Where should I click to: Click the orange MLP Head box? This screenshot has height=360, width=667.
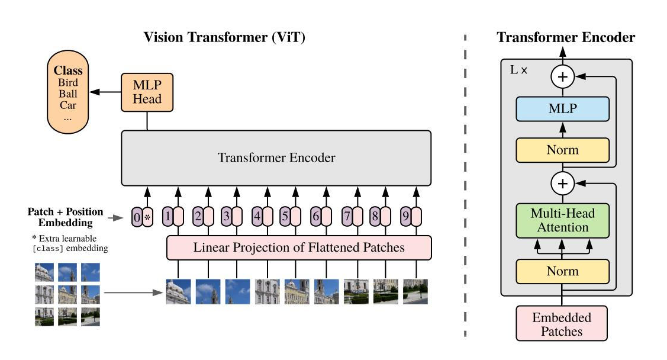coord(147,91)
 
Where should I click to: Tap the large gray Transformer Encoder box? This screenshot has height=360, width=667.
coord(276,158)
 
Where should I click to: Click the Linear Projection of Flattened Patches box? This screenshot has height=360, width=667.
coord(299,247)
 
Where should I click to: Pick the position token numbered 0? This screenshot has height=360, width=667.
coord(137,217)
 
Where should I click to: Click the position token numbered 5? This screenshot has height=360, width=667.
coord(285,217)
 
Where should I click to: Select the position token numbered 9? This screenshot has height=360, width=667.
coord(405,217)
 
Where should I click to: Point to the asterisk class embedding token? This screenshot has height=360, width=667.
coord(148,217)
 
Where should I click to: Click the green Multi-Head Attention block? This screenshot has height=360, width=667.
coord(562,220)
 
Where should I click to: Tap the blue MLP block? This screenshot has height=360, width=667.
coord(562,109)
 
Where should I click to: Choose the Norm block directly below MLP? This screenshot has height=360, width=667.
coord(562,150)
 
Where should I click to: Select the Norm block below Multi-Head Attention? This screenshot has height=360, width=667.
coord(562,272)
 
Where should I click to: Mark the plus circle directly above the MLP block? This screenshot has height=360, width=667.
coord(562,76)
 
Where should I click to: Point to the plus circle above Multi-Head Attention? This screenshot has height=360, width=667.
coord(562,184)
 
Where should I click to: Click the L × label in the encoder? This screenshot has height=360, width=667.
coord(518,69)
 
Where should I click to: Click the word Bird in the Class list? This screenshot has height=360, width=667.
coord(68,83)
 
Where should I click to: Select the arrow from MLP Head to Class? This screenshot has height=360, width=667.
coord(105,92)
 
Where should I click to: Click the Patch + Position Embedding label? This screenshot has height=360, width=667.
coord(65,217)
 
